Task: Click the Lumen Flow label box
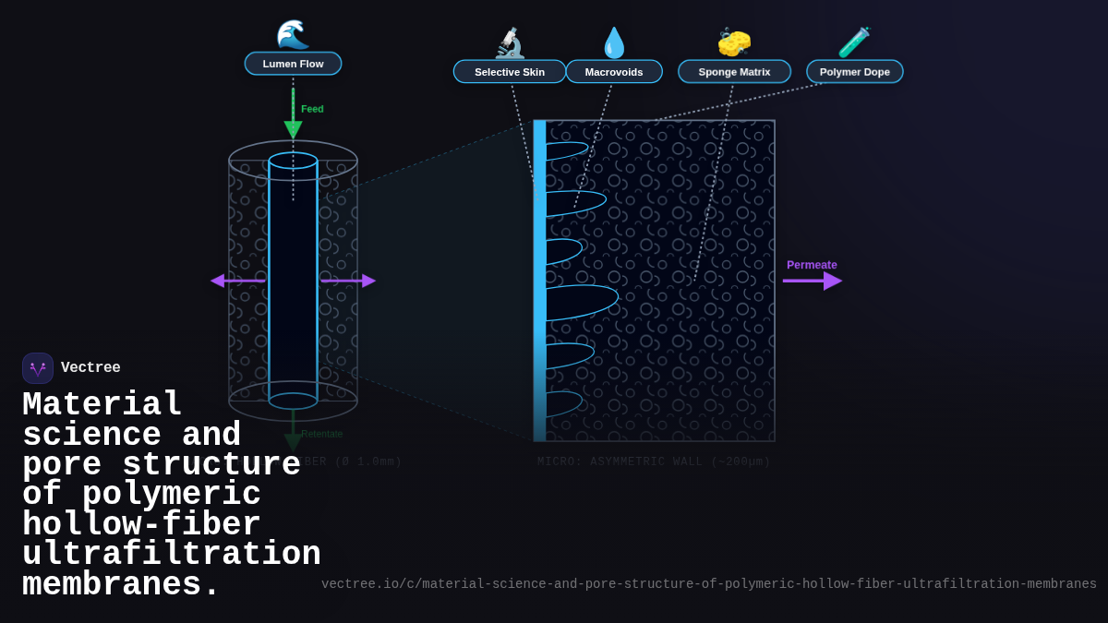[293, 64]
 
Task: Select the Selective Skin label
[510, 72]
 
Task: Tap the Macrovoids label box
[614, 72]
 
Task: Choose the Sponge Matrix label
[734, 72]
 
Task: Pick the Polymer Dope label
[854, 72]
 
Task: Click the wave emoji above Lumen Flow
[293, 34]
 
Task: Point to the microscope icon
[510, 42]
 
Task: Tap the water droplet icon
[614, 42]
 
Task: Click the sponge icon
[734, 42]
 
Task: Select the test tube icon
[854, 42]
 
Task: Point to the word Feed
[312, 109]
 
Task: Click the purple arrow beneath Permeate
[812, 281]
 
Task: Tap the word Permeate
[812, 265]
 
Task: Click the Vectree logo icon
[38, 368]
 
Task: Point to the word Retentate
[321, 434]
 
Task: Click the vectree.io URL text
[708, 584]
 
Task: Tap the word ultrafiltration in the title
[172, 555]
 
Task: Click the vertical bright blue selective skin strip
[539, 277]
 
